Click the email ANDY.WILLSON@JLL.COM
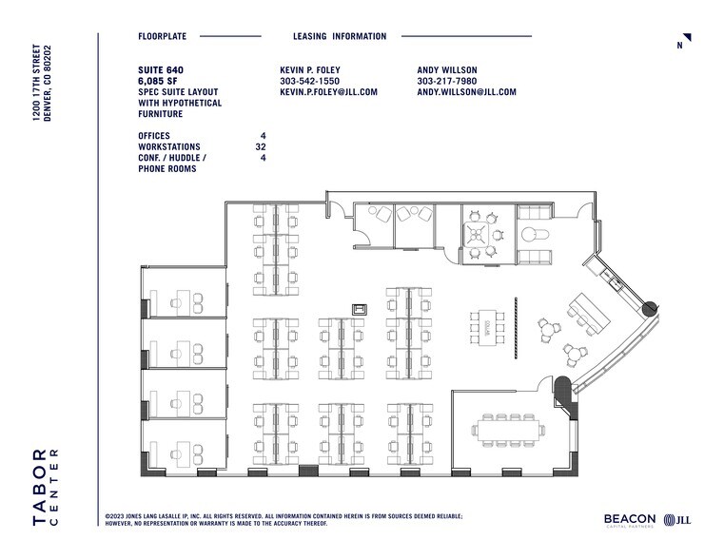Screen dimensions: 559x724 (x=466, y=92)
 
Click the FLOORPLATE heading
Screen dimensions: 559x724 (x=162, y=36)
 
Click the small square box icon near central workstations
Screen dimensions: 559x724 (x=361, y=308)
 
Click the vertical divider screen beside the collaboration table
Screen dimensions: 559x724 (x=515, y=322)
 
